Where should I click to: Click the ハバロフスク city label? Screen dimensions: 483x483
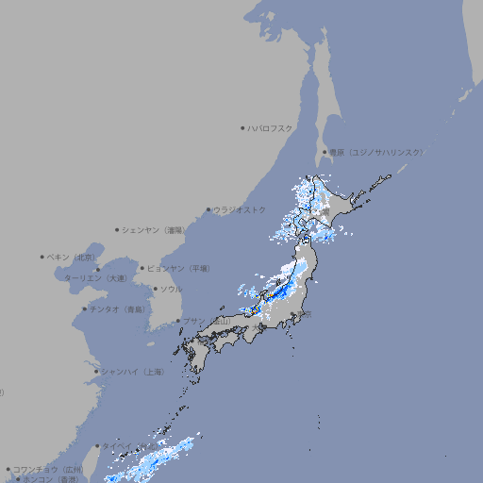(x=271, y=127)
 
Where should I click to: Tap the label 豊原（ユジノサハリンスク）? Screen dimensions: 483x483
(x=375, y=152)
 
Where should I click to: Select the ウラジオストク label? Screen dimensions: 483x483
(x=240, y=209)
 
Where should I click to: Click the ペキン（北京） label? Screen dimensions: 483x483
(x=72, y=257)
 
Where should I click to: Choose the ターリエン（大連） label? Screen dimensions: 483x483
(x=94, y=278)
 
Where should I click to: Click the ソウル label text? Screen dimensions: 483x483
(x=171, y=289)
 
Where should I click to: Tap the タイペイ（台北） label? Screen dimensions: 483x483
(x=130, y=446)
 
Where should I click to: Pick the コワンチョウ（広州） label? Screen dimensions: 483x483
(x=48, y=469)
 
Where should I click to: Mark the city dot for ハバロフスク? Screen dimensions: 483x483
(x=242, y=127)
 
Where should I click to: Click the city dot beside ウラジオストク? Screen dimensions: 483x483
(x=208, y=209)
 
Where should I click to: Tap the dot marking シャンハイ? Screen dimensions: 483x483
(x=96, y=372)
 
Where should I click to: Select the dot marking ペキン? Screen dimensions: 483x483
(x=42, y=257)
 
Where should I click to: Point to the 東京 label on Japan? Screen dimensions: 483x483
(x=307, y=314)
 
